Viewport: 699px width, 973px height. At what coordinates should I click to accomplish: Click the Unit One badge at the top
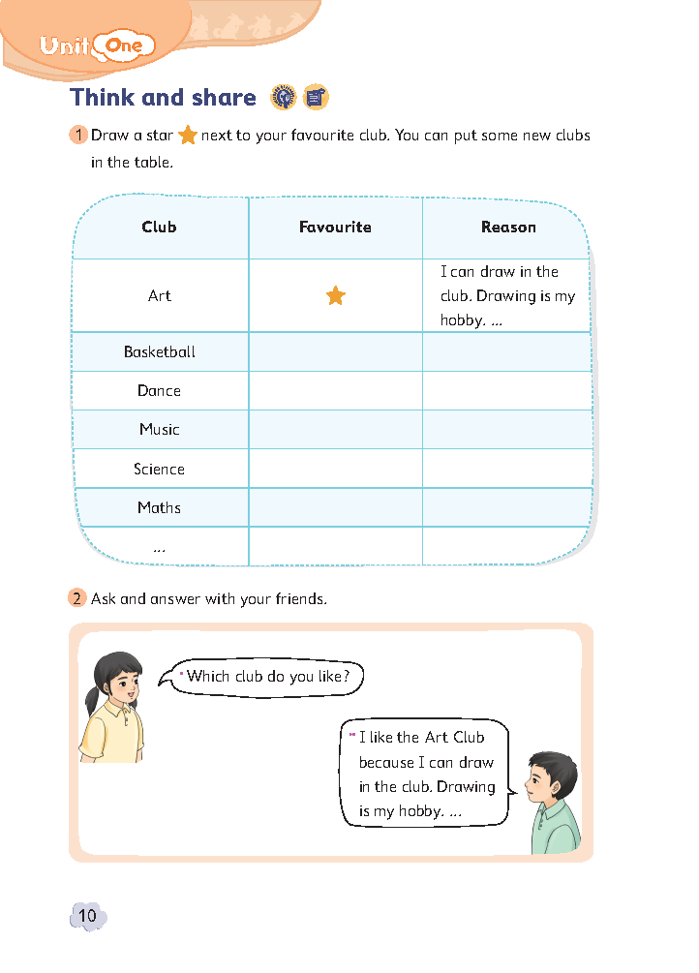pyautogui.click(x=97, y=45)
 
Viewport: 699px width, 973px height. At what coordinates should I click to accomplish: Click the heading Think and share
pyautogui.click(x=163, y=98)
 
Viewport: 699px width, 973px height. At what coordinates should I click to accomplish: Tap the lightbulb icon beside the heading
pyautogui.click(x=283, y=97)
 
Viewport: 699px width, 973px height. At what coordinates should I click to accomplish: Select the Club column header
pyautogui.click(x=159, y=228)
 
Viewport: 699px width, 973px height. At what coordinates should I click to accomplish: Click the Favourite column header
pyautogui.click(x=335, y=228)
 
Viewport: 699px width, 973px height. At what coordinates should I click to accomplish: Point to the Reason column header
pyautogui.click(x=507, y=228)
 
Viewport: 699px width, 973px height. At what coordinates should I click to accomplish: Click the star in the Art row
pyautogui.click(x=335, y=296)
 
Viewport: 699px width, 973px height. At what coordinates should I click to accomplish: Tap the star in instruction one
pyautogui.click(x=188, y=137)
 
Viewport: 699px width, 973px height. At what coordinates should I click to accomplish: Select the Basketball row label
pyautogui.click(x=160, y=352)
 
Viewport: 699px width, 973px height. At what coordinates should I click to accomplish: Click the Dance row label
pyautogui.click(x=159, y=391)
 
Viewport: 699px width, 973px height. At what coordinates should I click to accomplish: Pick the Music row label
pyautogui.click(x=159, y=430)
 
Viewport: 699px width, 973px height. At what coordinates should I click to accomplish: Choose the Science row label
pyautogui.click(x=159, y=470)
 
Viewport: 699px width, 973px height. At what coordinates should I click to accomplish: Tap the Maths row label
pyautogui.click(x=159, y=508)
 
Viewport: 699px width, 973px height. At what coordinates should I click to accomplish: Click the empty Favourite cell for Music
pyautogui.click(x=335, y=430)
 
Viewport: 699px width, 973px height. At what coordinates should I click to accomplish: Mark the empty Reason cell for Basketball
pyautogui.click(x=507, y=352)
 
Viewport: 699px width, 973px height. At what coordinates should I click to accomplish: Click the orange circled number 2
pyautogui.click(x=77, y=598)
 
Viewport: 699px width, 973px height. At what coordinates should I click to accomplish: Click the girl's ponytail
pyautogui.click(x=92, y=699)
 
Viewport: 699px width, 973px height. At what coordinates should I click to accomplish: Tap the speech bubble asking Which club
pyautogui.click(x=267, y=677)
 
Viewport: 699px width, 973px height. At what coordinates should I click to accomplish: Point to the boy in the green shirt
pyautogui.click(x=554, y=804)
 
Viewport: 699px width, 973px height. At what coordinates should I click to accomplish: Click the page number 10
pyautogui.click(x=87, y=916)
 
